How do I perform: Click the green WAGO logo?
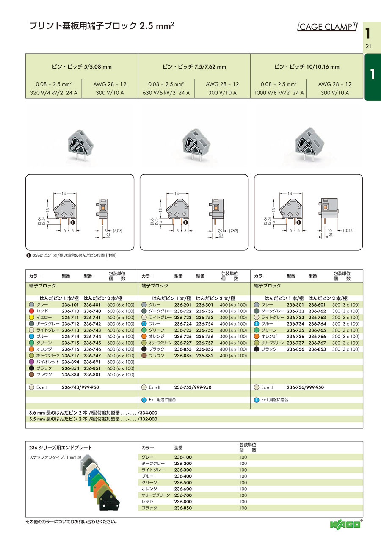[x=345, y=524]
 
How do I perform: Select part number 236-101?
[x=70, y=305]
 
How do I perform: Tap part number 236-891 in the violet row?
[x=92, y=362]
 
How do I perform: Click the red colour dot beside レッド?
[x=31, y=311]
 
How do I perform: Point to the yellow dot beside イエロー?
[x=31, y=318]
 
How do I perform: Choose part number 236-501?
[x=204, y=305]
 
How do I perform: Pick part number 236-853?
[x=317, y=349]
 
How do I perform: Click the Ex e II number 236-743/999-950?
[x=80, y=387]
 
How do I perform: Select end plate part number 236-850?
[x=183, y=508]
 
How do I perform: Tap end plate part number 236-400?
[x=183, y=476]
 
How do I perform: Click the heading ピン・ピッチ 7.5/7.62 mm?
[x=194, y=67]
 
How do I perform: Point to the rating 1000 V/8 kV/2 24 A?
[x=279, y=93]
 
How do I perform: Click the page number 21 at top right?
[x=368, y=46]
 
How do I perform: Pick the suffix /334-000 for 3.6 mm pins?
[x=147, y=412]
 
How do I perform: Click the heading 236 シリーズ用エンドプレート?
[x=61, y=448]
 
